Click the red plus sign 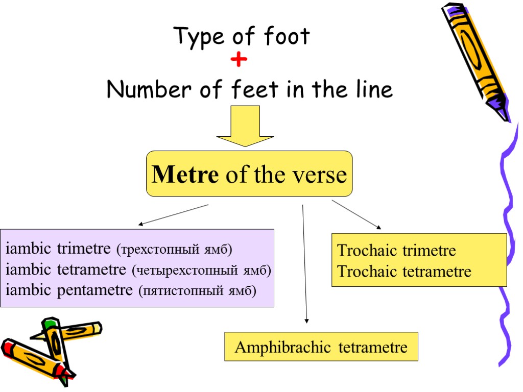point(239,61)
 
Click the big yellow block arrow point(246,126)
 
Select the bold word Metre point(185,175)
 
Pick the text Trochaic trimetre point(396,251)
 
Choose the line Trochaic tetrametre point(404,271)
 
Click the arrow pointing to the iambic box point(174,214)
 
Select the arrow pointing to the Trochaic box point(356,214)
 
